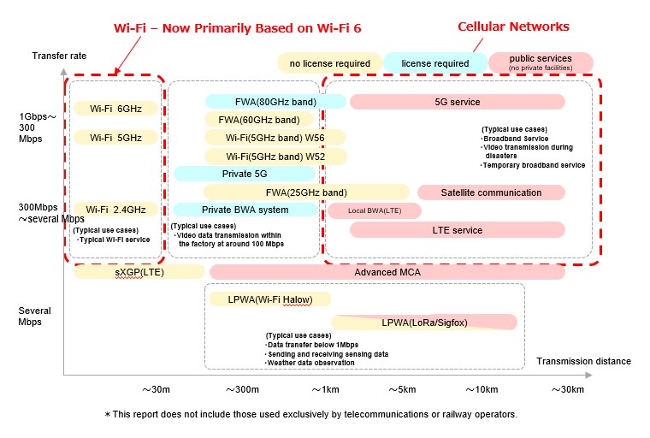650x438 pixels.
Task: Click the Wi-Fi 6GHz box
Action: [115, 109]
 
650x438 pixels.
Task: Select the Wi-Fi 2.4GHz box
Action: [115, 210]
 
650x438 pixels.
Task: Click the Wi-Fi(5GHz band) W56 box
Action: [275, 138]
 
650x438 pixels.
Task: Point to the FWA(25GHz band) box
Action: [306, 192]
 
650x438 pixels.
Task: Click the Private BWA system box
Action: [245, 210]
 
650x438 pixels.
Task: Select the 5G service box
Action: [457, 102]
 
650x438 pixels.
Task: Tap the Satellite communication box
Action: [491, 192]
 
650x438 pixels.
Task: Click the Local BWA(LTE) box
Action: [374, 210]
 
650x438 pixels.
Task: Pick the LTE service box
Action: [457, 229]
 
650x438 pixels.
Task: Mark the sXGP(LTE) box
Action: [139, 272]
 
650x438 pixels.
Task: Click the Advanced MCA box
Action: [387, 272]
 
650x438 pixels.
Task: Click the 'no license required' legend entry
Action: [329, 63]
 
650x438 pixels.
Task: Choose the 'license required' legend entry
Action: [434, 63]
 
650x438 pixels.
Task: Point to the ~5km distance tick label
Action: [404, 389]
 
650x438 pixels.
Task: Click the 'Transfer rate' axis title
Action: [60, 56]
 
